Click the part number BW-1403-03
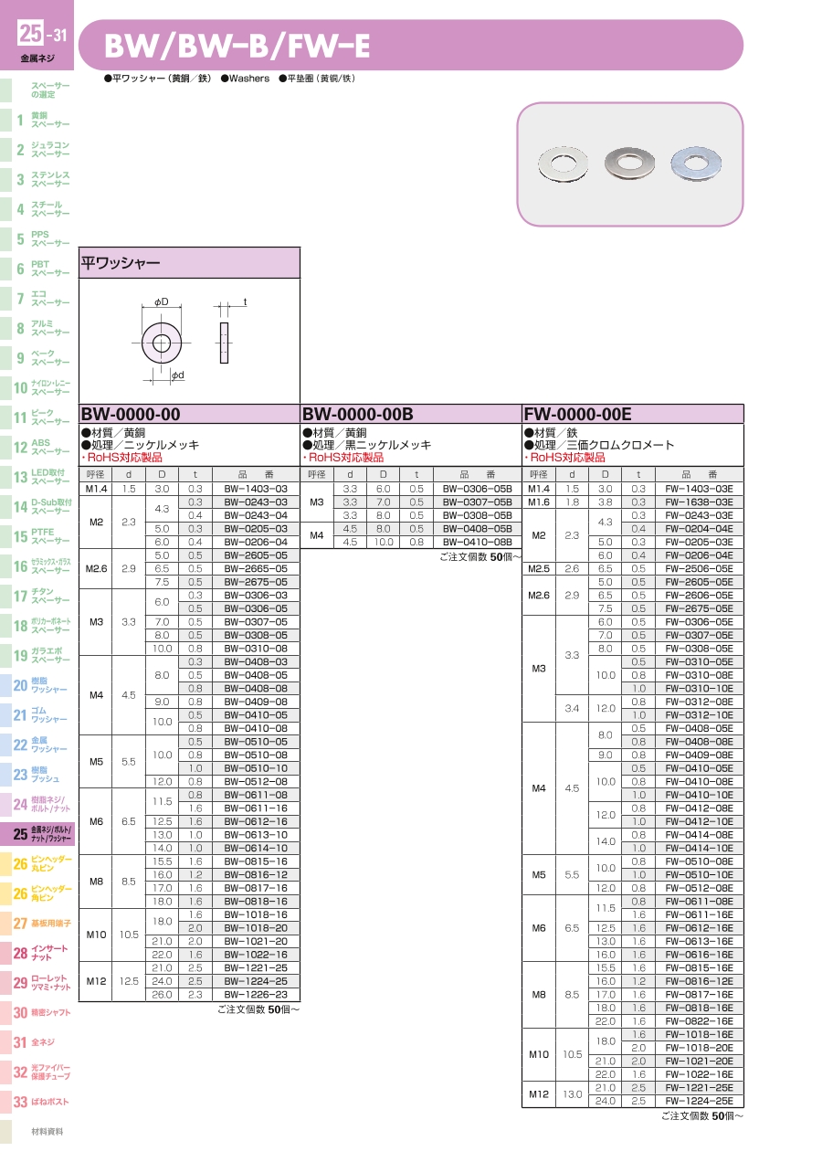256,489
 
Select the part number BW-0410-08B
477,542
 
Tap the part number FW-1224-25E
699,1101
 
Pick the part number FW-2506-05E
699,568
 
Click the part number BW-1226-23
256,995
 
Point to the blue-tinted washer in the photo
695,164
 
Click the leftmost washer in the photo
563,164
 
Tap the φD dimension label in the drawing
162,301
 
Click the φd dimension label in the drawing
178,375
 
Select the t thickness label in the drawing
245,301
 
